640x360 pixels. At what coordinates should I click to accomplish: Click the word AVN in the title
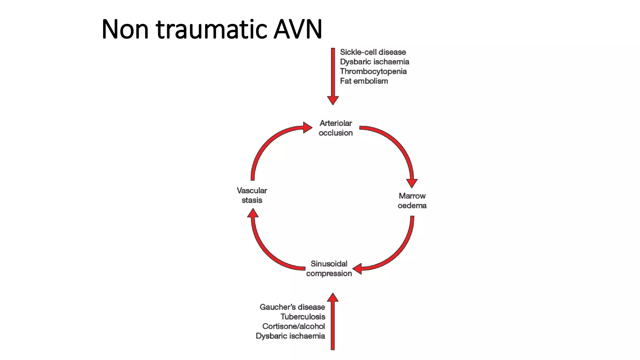(297, 30)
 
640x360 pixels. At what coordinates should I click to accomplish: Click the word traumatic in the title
(212, 30)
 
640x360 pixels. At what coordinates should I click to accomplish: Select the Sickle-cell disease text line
(373, 52)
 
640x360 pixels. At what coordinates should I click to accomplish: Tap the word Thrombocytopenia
(373, 72)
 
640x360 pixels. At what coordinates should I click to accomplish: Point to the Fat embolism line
(364, 81)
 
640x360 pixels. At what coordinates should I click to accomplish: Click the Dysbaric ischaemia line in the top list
(374, 62)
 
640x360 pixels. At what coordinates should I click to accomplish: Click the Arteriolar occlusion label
(336, 128)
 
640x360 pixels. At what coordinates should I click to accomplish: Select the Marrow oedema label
(412, 201)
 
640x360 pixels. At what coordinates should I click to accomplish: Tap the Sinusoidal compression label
(329, 268)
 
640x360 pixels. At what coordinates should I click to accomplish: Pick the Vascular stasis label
(252, 195)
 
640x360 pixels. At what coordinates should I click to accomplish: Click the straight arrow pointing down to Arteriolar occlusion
(333, 75)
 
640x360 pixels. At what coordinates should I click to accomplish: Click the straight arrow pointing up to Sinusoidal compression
(333, 322)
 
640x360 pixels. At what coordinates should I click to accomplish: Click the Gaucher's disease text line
(292, 307)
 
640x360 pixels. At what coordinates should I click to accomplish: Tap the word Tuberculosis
(302, 317)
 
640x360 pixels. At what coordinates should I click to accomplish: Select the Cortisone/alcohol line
(293, 327)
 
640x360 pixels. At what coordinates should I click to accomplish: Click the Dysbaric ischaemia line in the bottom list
(290, 336)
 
